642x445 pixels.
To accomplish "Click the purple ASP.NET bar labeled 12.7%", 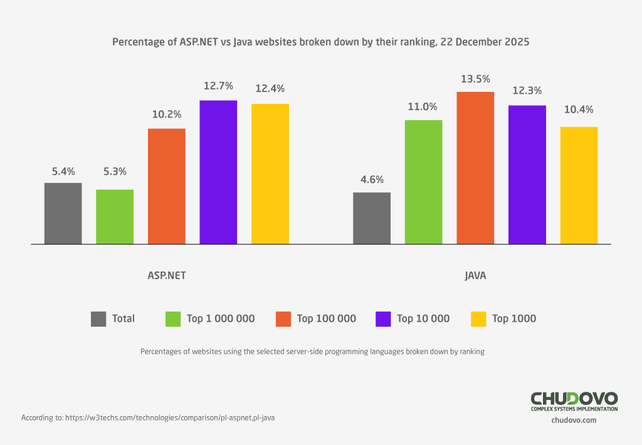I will point(218,172).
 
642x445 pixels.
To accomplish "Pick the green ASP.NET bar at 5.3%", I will point(115,217).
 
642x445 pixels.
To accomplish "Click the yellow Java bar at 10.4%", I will point(579,185).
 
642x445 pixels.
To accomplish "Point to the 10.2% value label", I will point(167,115).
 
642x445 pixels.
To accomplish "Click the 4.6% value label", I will point(372,179).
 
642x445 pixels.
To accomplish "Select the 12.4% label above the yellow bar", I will point(270,88).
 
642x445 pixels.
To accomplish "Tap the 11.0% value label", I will point(423,106).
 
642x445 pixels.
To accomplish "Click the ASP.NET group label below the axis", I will point(166,275).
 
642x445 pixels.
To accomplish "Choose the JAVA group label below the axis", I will point(475,275).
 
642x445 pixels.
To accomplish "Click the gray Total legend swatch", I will point(98,319).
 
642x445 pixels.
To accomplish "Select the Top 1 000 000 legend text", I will point(221,319).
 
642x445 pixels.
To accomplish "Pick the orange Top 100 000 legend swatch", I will point(283,319).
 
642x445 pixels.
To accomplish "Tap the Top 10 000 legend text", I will point(423,319).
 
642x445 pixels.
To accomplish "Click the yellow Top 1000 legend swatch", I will point(478,319).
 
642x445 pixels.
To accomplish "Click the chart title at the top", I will point(321,43).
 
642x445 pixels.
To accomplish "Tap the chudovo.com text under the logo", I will point(574,421).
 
